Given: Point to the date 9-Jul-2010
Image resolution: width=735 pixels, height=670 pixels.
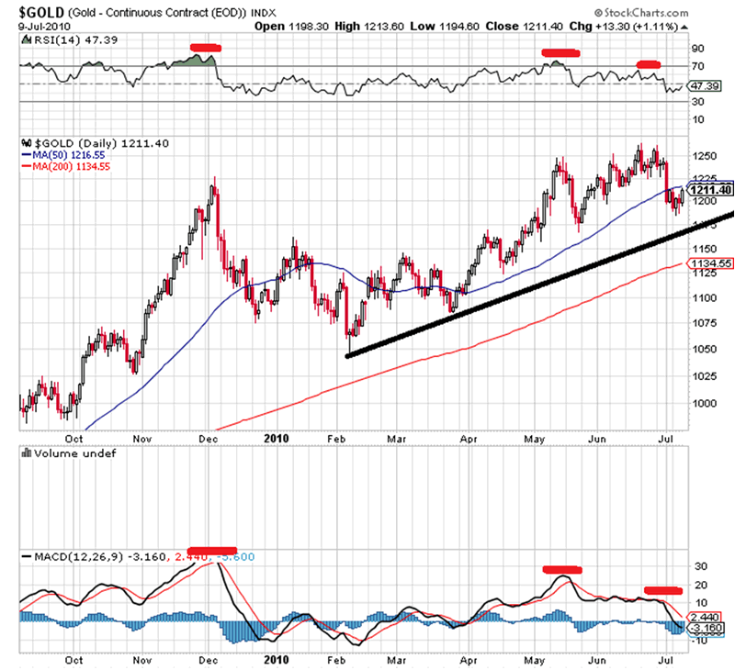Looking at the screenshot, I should tap(34, 26).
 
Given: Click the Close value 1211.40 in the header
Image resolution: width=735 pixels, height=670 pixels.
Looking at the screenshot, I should tap(533, 26).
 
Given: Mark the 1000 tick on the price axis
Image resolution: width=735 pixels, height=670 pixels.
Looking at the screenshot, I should tap(702, 402).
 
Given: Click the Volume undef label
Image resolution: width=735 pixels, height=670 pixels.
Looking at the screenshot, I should tap(69, 453).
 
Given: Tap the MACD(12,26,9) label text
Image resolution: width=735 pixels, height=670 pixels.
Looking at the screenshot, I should tap(61, 556).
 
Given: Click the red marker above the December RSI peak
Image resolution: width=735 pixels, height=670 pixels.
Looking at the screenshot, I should tap(204, 47).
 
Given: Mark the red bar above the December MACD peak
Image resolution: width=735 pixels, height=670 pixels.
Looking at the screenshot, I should tap(210, 551).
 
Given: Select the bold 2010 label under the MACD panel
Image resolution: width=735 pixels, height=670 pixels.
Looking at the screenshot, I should tap(276, 659).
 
